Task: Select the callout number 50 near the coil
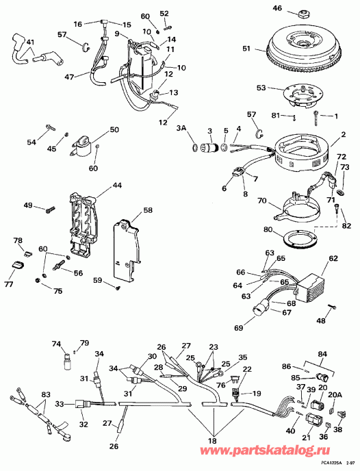(x=114, y=129)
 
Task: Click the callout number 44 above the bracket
(x=118, y=186)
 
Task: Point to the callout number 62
(x=333, y=259)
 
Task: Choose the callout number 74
(x=56, y=344)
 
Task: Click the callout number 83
(x=46, y=394)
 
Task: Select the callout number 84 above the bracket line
(x=322, y=354)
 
